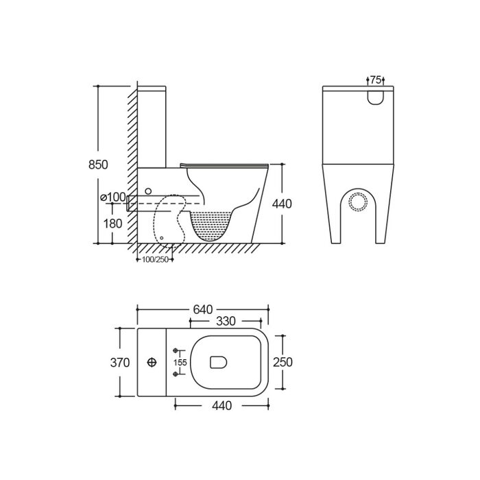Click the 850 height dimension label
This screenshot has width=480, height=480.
coord(98,165)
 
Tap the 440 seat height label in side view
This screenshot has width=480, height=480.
coord(282,204)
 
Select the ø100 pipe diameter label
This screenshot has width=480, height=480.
coord(113,197)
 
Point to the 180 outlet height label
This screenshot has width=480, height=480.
coord(112,224)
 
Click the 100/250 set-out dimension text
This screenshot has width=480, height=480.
coord(155,260)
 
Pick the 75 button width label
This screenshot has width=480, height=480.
coord(376,80)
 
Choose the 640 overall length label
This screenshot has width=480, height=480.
coord(203,309)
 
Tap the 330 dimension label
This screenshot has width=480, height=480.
coord(226,321)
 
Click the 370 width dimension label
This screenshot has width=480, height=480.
coord(120,363)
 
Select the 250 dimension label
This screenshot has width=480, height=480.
coord(283,362)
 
